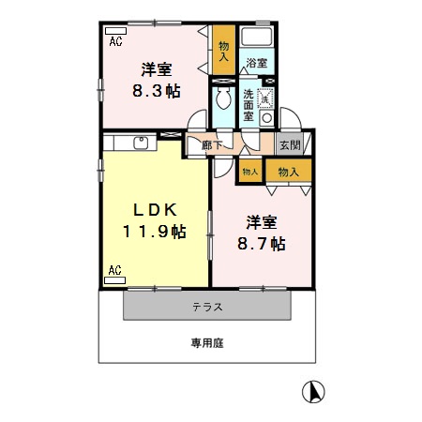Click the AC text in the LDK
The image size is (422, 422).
tap(114, 271)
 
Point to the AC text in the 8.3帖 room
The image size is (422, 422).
tap(115, 42)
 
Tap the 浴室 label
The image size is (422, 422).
tap(256, 63)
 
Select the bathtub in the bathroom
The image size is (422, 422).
tap(256, 39)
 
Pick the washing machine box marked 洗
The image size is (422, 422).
tap(265, 96)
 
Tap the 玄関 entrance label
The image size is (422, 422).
tap(289, 144)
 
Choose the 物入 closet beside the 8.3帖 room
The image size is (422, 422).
tap(223, 51)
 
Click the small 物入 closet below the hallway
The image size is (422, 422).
tap(249, 172)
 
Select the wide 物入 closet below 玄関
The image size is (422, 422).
tap(288, 172)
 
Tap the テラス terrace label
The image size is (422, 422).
tap(207, 307)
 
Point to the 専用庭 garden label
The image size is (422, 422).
tap(207, 344)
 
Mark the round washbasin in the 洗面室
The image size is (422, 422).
tap(267, 119)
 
